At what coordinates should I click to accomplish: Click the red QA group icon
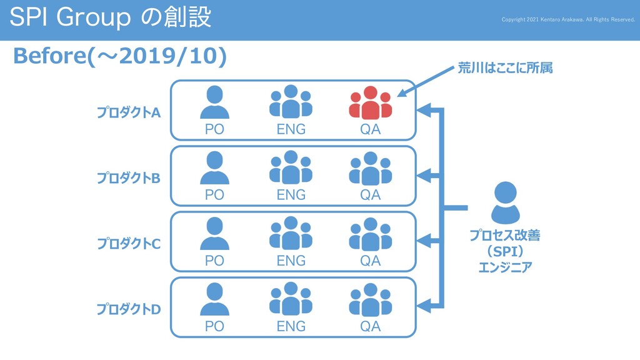tap(370, 102)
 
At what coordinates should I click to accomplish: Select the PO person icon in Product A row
tap(214, 102)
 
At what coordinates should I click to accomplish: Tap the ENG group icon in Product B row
tap(291, 167)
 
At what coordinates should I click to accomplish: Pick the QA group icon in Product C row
tap(370, 234)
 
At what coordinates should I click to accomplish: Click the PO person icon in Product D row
tap(214, 299)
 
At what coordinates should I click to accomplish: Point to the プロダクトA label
tap(128, 112)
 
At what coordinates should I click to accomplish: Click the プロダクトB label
tap(128, 178)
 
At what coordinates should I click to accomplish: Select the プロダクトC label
tap(128, 244)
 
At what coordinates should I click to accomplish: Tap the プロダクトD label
tap(128, 309)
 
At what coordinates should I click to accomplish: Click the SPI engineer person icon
tap(505, 202)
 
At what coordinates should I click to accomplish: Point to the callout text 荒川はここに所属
tap(505, 68)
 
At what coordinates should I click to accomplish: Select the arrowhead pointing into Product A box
tap(424, 111)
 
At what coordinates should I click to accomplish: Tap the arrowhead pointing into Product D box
tap(424, 306)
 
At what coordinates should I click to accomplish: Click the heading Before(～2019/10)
tap(119, 56)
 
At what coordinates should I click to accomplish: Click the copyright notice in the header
tap(568, 19)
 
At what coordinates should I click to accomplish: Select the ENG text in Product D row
tap(291, 326)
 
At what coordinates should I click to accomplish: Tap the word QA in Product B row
tap(370, 195)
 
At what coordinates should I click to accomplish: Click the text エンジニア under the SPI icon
tap(505, 267)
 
